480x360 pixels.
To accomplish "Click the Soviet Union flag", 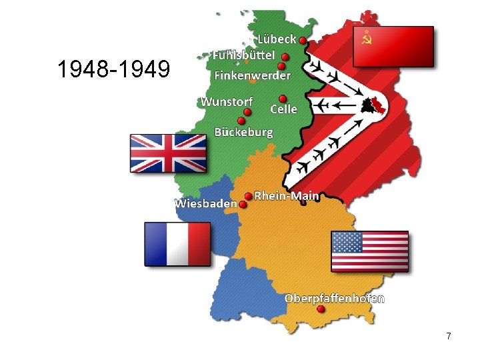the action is (393, 46).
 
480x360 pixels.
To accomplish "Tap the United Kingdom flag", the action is (168, 153).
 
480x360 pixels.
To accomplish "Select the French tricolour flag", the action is (177, 244).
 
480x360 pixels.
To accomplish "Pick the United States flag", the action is (369, 251).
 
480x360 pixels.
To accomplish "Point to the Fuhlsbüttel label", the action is (243, 55).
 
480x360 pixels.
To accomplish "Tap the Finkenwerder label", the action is (252, 75).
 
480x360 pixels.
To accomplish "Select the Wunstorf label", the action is (227, 101).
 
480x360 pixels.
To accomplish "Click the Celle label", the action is (284, 109).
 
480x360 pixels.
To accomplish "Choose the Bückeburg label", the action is (243, 132).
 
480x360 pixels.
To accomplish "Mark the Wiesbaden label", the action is (206, 202).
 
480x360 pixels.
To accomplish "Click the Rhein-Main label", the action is (287, 196).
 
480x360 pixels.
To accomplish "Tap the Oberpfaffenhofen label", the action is (334, 298).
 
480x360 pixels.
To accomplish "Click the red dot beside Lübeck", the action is (303, 41).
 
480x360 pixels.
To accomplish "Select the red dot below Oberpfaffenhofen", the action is (321, 309).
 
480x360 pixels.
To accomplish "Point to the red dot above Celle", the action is (283, 98).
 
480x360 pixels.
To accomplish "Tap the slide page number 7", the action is (449, 337).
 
